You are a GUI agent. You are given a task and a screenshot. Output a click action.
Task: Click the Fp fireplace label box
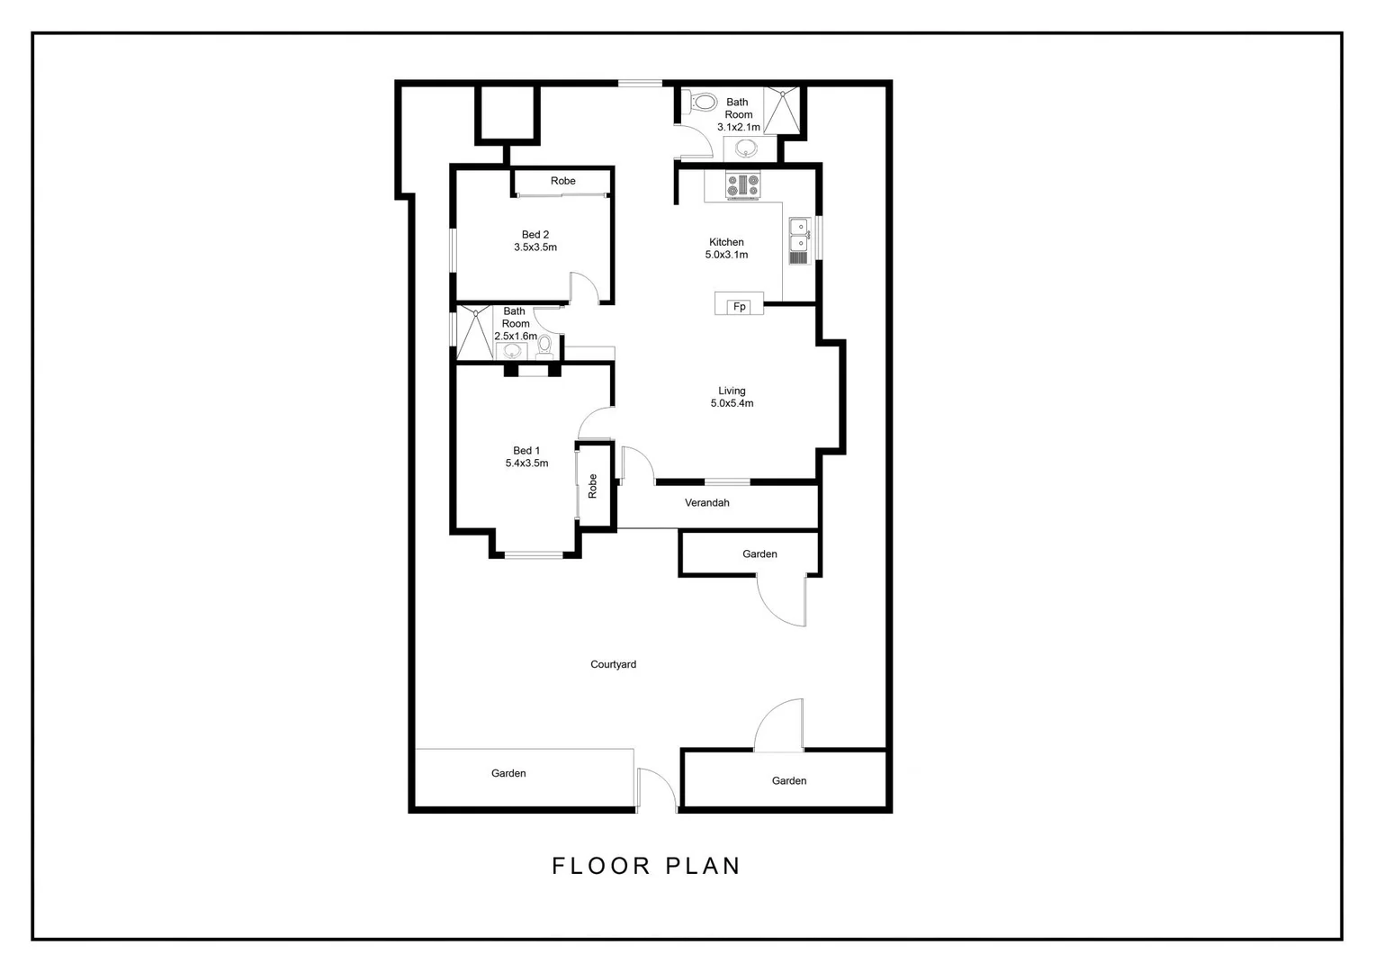(x=739, y=307)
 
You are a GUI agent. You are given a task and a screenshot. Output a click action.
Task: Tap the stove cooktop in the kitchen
(x=743, y=185)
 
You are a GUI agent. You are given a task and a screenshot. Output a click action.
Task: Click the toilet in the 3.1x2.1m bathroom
(x=701, y=103)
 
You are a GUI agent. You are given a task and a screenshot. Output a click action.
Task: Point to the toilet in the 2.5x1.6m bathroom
(x=544, y=346)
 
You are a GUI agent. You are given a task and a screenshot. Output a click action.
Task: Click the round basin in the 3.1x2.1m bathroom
(x=746, y=148)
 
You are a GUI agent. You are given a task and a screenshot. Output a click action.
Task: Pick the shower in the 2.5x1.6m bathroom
(x=474, y=332)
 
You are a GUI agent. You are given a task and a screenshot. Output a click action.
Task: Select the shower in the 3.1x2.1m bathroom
(x=782, y=110)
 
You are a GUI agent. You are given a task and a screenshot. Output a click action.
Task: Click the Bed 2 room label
(x=535, y=235)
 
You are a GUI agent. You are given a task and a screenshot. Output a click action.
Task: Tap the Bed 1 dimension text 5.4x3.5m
(x=526, y=463)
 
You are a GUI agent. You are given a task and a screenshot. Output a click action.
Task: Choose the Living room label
(x=732, y=391)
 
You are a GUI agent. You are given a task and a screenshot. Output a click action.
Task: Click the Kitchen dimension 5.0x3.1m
(x=726, y=255)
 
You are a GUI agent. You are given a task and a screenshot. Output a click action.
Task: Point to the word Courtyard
(x=613, y=664)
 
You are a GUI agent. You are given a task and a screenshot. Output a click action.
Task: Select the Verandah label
(x=706, y=503)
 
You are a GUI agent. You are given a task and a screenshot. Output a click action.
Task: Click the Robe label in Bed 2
(x=563, y=181)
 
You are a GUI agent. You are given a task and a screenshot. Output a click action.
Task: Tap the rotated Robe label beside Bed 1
(x=592, y=486)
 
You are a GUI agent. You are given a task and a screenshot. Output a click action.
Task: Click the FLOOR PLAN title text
(x=646, y=866)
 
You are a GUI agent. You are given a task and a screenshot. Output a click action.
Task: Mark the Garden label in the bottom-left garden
(x=508, y=773)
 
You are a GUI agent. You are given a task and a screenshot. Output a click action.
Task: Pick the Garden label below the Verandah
(x=759, y=554)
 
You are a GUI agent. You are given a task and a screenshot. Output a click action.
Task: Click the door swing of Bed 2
(x=583, y=288)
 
